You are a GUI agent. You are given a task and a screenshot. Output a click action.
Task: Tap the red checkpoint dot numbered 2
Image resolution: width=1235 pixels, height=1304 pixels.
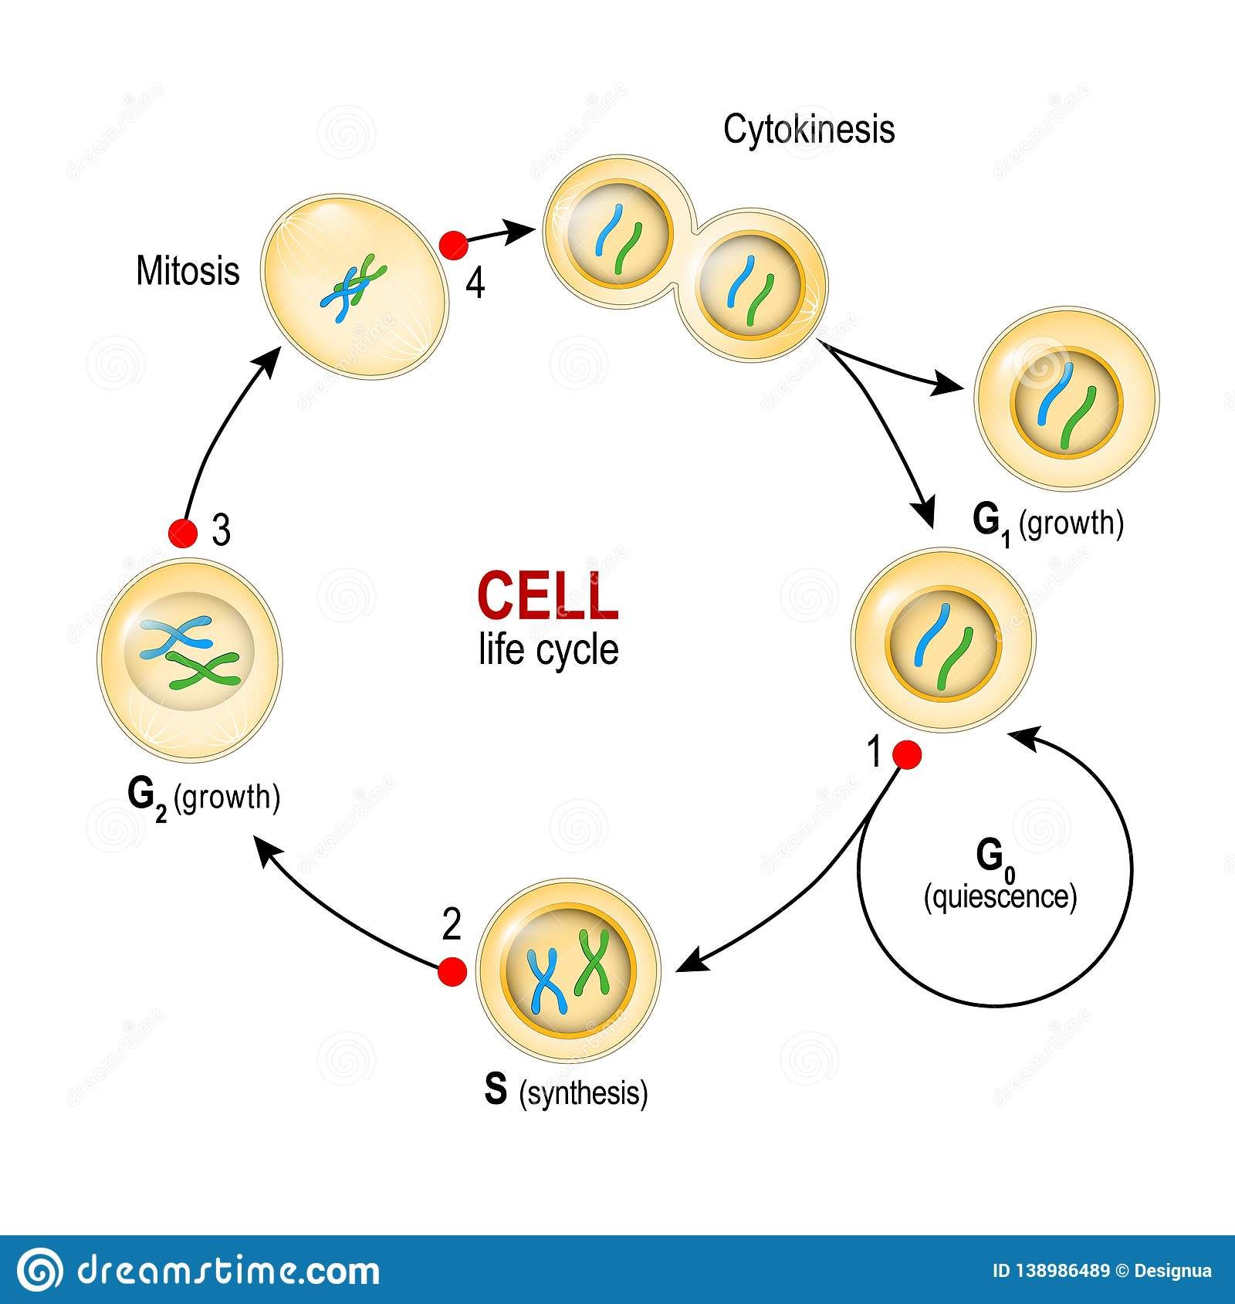coord(452,971)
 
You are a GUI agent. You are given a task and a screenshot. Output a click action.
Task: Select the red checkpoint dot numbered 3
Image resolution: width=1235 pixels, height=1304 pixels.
coord(183,533)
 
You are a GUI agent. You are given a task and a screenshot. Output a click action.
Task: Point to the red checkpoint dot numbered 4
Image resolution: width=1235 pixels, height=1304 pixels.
coord(453,245)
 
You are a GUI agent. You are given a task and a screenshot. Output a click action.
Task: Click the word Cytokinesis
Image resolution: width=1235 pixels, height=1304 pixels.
coord(808,129)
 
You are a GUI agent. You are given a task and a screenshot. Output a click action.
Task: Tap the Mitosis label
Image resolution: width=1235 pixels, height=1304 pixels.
coord(188,272)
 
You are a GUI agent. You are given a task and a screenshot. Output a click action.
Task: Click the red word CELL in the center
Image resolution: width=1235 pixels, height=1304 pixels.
coord(547,597)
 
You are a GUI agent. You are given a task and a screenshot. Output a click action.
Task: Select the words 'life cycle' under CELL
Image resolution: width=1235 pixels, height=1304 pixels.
coord(548,649)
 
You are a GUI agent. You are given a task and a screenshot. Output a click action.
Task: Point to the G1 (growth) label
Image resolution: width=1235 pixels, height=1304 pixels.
coord(1047,523)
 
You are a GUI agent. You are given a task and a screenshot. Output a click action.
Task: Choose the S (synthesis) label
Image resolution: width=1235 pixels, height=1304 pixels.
coord(566,1092)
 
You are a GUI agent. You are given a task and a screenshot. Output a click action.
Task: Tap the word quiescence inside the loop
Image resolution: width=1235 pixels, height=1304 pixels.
coord(1000,896)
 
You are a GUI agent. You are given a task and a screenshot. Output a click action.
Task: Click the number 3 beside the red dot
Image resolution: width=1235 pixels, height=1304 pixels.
coord(221,533)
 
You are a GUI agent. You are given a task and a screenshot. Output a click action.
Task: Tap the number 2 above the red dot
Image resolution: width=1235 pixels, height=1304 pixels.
coord(452,925)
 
